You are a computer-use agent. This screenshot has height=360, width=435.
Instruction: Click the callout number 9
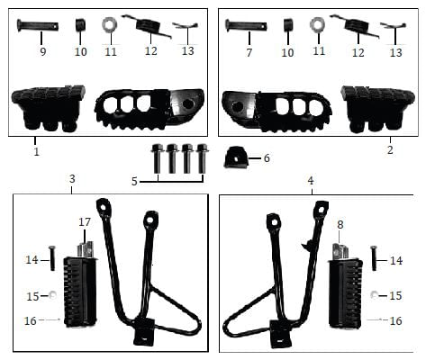43,52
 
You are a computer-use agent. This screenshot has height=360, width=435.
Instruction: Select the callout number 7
249,52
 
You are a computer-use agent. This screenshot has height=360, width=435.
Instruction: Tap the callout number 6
267,158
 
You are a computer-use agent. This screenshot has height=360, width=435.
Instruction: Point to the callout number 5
134,181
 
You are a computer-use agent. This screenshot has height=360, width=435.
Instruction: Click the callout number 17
85,222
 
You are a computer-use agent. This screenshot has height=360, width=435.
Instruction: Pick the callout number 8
340,224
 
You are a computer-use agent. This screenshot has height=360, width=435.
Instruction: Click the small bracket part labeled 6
236,157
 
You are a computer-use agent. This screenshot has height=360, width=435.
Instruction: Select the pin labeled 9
38,26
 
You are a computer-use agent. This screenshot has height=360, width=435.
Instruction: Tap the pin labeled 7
246,25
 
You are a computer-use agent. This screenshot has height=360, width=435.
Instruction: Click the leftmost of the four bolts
157,158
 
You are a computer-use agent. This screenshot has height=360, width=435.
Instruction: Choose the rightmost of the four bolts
202,158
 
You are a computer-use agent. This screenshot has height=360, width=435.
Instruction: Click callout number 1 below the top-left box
36,151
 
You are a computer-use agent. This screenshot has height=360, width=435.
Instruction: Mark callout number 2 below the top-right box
390,149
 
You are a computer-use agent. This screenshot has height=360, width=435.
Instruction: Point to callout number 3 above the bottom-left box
72,179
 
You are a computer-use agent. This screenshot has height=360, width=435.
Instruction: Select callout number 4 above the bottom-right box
311,181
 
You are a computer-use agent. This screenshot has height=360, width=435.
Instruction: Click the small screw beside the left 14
52,258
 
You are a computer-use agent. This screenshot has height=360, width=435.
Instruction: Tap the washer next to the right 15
374,295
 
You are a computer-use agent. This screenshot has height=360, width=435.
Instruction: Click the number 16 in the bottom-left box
31,320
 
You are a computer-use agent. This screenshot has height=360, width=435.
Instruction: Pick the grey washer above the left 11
110,26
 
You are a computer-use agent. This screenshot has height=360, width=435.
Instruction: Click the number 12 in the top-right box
358,53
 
